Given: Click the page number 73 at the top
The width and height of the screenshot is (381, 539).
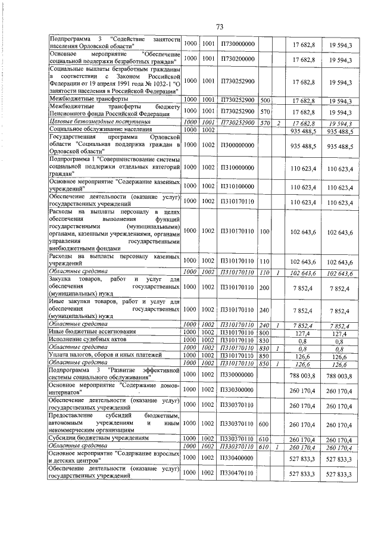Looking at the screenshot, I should (219, 27).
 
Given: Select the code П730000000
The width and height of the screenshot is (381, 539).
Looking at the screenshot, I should (237, 44).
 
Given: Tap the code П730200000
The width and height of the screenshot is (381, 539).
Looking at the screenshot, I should (237, 60).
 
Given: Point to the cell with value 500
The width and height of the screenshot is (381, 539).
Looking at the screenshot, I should (266, 99).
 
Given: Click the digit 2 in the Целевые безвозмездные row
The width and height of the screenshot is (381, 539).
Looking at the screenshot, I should (278, 122).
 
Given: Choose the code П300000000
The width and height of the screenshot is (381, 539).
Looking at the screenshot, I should (237, 145).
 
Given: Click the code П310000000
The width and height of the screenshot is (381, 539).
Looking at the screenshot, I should (237, 169).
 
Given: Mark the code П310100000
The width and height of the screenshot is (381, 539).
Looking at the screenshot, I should (237, 188).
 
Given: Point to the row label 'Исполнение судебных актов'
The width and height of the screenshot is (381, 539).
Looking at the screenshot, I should (85, 339).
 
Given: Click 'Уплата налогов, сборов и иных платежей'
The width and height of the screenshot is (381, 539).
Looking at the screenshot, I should (100, 355).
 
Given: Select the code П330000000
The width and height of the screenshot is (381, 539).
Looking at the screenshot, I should (237, 374).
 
